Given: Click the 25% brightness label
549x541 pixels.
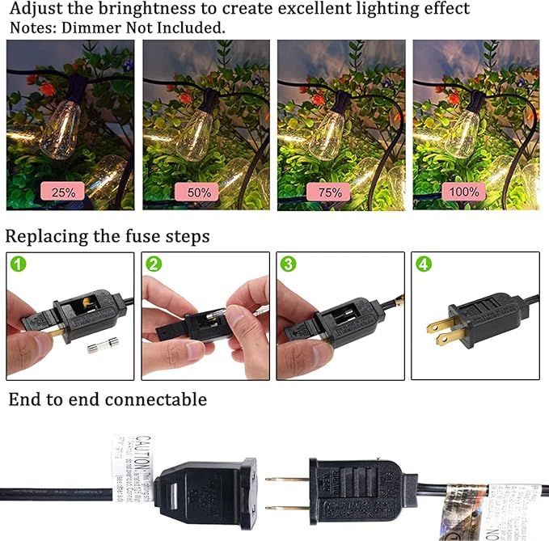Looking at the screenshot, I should tap(64, 192).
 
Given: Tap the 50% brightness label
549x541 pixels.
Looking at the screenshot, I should tap(199, 192).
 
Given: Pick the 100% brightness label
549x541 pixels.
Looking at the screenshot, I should tap(463, 192).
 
